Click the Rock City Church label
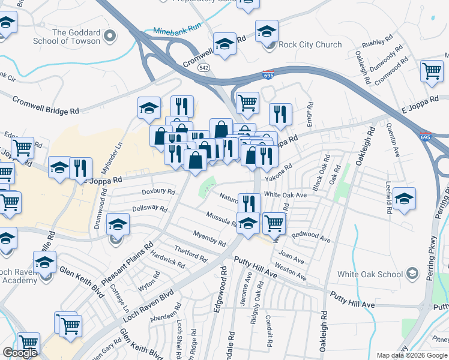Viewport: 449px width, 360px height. click(311, 44)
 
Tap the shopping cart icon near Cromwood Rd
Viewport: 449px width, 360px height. click(432, 71)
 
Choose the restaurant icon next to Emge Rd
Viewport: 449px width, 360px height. click(280, 113)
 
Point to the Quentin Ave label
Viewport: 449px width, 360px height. click(394, 137)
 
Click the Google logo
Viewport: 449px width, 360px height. click(20, 353)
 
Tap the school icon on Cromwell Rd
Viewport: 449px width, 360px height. click(225, 46)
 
